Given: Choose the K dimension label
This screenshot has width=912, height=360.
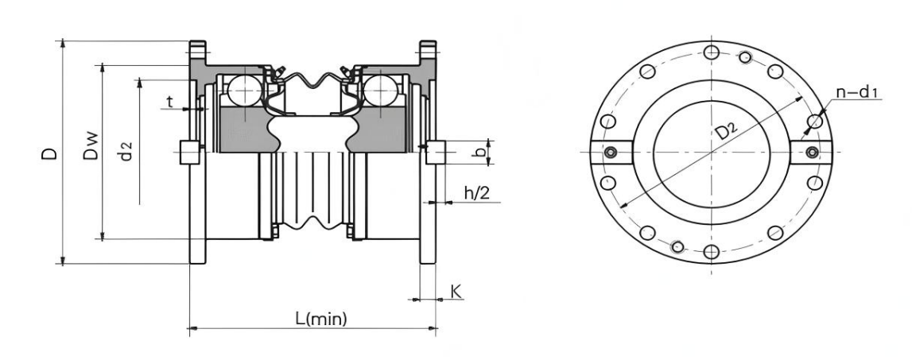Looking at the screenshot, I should point(456,292).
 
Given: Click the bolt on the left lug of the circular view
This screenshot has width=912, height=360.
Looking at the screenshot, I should point(611,153).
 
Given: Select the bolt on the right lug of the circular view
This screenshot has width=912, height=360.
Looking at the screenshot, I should point(811,153).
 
